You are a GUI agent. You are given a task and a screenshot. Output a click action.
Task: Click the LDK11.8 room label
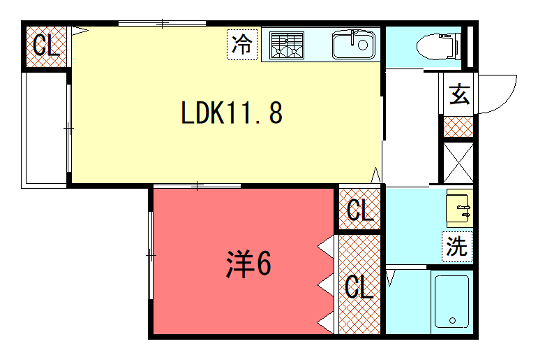pyautogui.click(x=232, y=112)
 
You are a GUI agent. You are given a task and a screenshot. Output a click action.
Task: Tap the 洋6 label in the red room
pyautogui.click(x=248, y=264)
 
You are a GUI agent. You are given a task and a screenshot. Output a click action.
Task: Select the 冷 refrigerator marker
pyautogui.click(x=242, y=44)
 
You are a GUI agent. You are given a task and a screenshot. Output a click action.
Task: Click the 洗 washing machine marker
pyautogui.click(x=457, y=246)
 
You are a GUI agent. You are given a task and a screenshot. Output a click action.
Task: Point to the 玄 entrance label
pyautogui.click(x=459, y=94)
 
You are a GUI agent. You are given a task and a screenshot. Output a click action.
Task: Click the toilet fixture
pyautogui.click(x=438, y=46)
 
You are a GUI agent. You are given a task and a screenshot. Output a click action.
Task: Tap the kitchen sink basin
pyautogui.click(x=354, y=45)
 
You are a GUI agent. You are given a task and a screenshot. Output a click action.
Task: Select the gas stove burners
pyautogui.click(x=286, y=45)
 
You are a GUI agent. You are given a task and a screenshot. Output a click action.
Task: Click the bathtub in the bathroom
pyautogui.click(x=452, y=301)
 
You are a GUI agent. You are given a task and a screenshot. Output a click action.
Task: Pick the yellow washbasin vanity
pyautogui.click(x=459, y=207)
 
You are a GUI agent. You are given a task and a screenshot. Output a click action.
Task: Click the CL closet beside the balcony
pyautogui.click(x=46, y=47)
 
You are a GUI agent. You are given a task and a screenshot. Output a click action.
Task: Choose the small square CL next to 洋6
pyautogui.click(x=359, y=210)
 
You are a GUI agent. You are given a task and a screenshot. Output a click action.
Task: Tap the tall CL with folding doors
pyautogui.click(x=359, y=285)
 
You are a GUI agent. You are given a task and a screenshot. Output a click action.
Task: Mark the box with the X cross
pyautogui.click(x=458, y=163)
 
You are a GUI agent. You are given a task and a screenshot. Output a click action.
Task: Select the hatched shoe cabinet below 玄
pyautogui.click(x=458, y=127)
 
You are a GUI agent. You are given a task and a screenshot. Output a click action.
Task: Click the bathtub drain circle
pyautogui.click(x=452, y=320)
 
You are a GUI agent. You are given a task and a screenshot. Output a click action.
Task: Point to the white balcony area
pyautogui.click(x=46, y=130)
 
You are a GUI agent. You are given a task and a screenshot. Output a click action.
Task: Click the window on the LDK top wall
pyautogui.click(x=162, y=24)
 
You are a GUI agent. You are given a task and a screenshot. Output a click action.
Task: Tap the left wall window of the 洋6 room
pyautogui.click(x=151, y=255)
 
